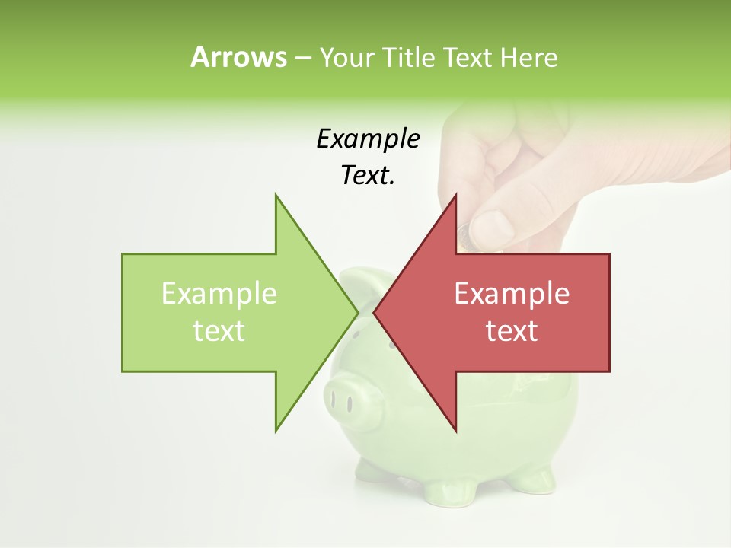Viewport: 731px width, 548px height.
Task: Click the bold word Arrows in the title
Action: pyautogui.click(x=238, y=57)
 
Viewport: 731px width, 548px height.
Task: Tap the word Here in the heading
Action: pyautogui.click(x=529, y=57)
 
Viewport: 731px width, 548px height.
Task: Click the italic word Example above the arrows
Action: pyautogui.click(x=369, y=139)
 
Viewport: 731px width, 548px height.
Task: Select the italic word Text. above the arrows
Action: pyautogui.click(x=369, y=175)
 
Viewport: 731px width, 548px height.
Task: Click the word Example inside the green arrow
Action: pyautogui.click(x=219, y=294)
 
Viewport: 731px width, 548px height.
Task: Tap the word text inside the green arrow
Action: pyautogui.click(x=219, y=331)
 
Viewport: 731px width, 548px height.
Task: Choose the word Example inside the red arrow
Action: pyautogui.click(x=512, y=294)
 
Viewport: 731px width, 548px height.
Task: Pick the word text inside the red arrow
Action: pyautogui.click(x=512, y=331)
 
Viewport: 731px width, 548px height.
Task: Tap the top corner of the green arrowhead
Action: pyautogui.click(x=276, y=196)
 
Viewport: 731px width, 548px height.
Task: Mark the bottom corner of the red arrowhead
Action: pyautogui.click(x=455, y=430)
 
